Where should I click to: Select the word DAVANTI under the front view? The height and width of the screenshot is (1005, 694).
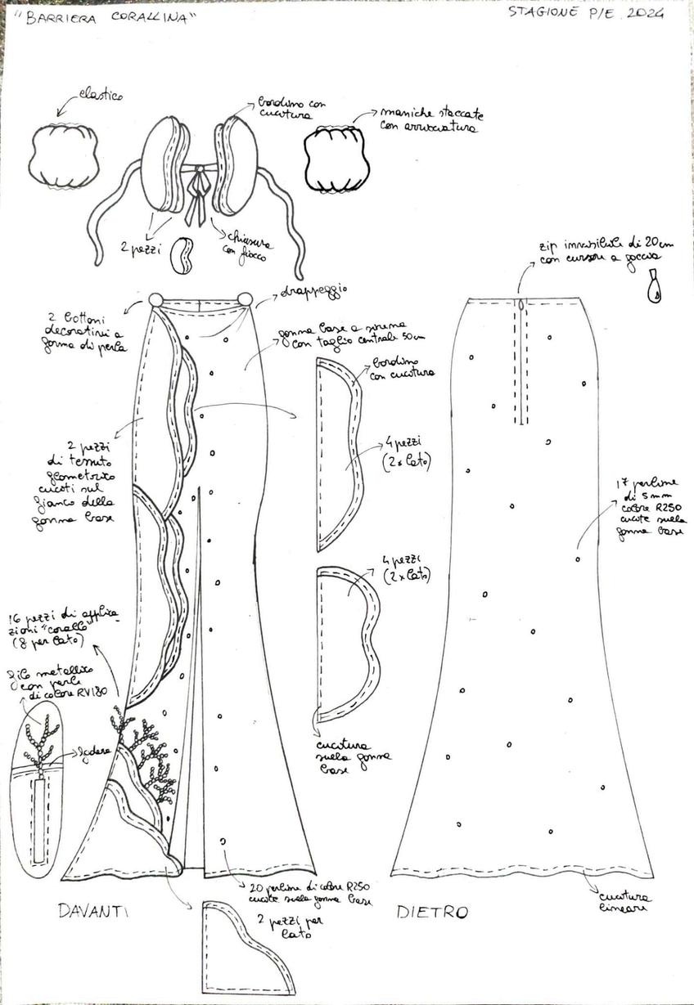coord(96,910)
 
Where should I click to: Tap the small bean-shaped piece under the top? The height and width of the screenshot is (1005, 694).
coord(182,256)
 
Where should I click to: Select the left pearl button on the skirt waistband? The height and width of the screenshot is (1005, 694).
coord(155,300)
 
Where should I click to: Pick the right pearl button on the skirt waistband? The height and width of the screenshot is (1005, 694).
coord(245,300)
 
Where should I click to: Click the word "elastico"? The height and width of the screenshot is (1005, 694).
coord(98,96)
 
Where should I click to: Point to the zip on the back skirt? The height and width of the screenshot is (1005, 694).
coord(520,360)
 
